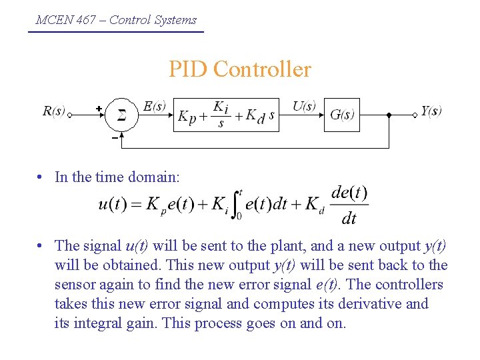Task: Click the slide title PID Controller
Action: tap(239, 69)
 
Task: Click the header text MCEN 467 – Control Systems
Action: tap(116, 20)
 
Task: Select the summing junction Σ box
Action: tap(122, 115)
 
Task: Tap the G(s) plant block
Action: tap(342, 115)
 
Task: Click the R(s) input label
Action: tap(54, 111)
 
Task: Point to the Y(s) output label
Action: tap(431, 111)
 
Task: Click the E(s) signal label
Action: tap(155, 106)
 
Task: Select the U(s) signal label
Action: tap(304, 106)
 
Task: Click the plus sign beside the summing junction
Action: tap(99, 108)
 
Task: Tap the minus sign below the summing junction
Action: tap(115, 138)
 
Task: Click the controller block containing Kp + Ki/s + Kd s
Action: tap(226, 115)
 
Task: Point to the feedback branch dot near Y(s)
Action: tap(389, 115)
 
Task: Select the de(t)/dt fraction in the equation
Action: tap(349, 205)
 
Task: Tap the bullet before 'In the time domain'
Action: tap(41, 177)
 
